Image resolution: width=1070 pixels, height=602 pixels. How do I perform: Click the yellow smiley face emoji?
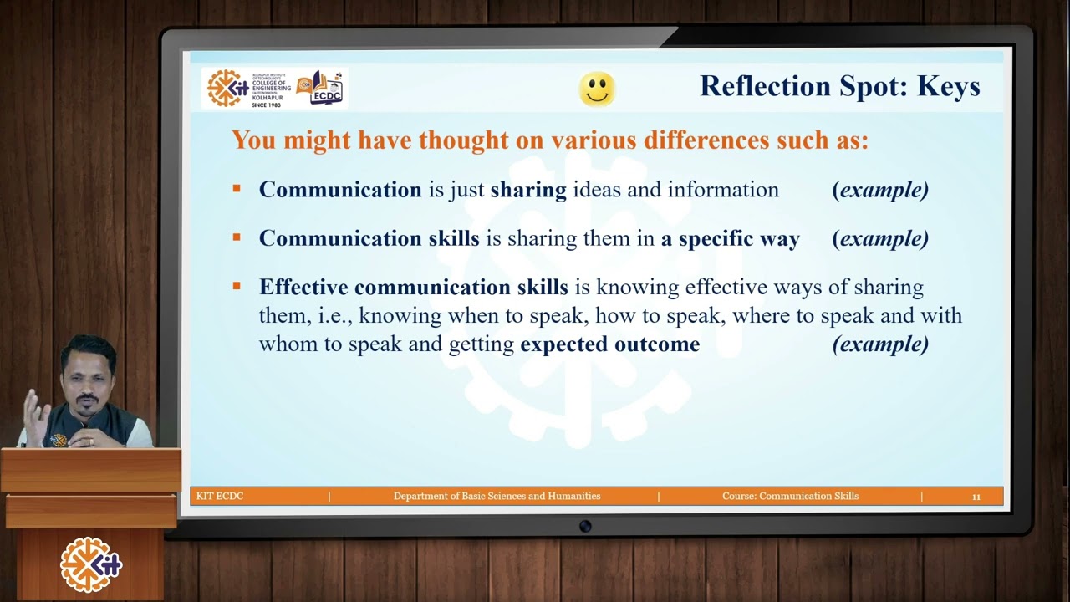pos(597,89)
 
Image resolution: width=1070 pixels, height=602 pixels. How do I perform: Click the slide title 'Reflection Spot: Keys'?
pos(839,86)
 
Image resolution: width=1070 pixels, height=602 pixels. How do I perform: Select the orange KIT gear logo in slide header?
pos(227,88)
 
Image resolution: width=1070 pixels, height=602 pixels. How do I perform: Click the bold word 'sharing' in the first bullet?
pos(528,190)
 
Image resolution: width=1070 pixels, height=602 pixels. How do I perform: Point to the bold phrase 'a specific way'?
pos(731,238)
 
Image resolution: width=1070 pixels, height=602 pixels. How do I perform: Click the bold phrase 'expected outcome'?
pos(609,344)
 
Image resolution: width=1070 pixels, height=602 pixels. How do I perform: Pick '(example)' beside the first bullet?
pos(880,190)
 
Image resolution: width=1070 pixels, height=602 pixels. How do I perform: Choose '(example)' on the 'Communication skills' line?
pos(880,238)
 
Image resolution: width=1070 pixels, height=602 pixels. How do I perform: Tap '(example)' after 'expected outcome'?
pos(880,344)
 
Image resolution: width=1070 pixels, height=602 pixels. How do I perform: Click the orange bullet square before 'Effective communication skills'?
pos(237,286)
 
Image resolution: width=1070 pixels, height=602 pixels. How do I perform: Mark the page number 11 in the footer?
pos(976,497)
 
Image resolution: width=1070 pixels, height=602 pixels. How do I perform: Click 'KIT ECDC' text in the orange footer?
pos(220,497)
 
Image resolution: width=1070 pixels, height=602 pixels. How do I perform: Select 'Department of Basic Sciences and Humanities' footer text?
pos(497,497)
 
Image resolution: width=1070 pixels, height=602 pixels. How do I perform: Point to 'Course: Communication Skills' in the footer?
pos(790,497)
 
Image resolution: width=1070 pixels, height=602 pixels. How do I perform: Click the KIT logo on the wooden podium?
pos(90,565)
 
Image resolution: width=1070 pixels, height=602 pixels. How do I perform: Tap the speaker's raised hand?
pos(34,410)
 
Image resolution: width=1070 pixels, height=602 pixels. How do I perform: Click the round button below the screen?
pos(585,526)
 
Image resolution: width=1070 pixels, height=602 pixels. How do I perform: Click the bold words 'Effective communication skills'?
pos(413,287)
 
